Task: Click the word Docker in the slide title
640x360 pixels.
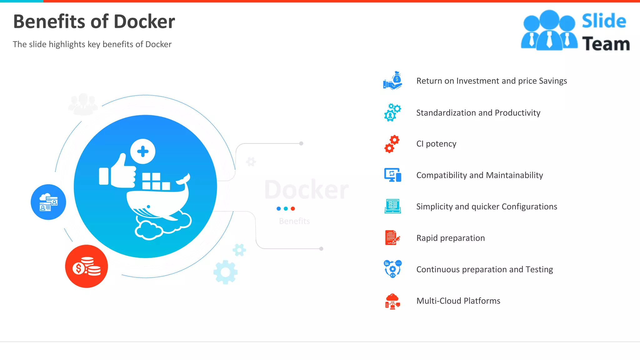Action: pyautogui.click(x=144, y=22)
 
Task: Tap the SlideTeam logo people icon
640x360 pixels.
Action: pyautogui.click(x=549, y=31)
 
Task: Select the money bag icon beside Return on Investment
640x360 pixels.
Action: pyautogui.click(x=393, y=81)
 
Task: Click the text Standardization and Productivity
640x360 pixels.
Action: pyautogui.click(x=478, y=113)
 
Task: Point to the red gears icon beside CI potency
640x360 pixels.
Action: pyautogui.click(x=392, y=144)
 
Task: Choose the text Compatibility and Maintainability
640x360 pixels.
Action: pyautogui.click(x=479, y=175)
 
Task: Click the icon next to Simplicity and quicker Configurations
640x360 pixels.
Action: pyautogui.click(x=393, y=206)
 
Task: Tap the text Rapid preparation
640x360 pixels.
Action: pyautogui.click(x=450, y=238)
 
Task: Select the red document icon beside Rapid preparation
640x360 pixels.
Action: pyautogui.click(x=392, y=238)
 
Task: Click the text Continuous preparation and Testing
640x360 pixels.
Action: pyautogui.click(x=484, y=269)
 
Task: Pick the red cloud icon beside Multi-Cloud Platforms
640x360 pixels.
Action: pyautogui.click(x=392, y=301)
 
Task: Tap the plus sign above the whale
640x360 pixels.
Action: pyautogui.click(x=143, y=152)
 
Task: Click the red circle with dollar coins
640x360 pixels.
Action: pyautogui.click(x=87, y=267)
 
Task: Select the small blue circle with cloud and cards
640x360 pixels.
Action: pyautogui.click(x=48, y=202)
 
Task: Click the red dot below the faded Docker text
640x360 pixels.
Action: pyautogui.click(x=293, y=209)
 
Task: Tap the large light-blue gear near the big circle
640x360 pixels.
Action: pyautogui.click(x=225, y=272)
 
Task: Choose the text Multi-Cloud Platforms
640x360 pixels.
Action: pyautogui.click(x=458, y=301)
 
